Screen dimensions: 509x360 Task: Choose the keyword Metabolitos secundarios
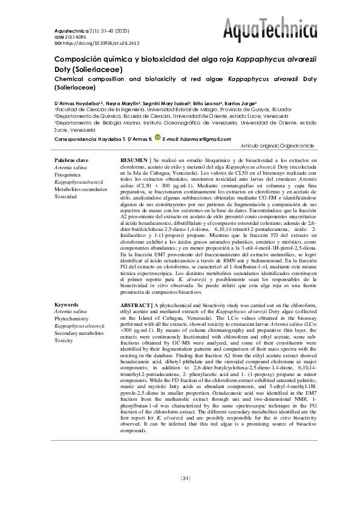pos(81,189)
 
